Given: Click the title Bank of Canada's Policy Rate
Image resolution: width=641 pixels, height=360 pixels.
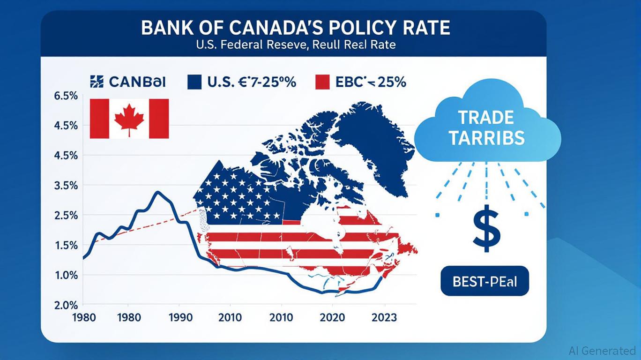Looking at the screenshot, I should click(x=295, y=28).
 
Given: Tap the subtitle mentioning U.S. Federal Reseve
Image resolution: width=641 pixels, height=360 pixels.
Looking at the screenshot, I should click(x=295, y=45).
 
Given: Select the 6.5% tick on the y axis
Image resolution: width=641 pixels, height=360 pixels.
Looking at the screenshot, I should click(x=66, y=96).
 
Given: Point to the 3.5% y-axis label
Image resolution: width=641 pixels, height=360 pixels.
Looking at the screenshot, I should click(x=66, y=186).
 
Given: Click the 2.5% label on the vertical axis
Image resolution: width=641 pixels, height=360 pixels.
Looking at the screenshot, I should click(x=66, y=216).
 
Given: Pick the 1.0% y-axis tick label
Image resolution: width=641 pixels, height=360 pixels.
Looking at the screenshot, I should click(x=66, y=275).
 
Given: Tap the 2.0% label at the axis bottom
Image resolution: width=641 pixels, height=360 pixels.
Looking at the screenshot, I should click(x=66, y=305).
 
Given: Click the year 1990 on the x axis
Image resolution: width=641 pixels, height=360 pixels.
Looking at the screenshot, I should click(x=180, y=317).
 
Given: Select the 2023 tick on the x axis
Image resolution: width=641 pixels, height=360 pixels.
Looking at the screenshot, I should click(x=383, y=317).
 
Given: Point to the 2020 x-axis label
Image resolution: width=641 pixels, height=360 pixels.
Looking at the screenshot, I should click(x=332, y=317).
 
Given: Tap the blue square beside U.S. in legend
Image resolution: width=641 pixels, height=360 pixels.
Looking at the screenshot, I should click(x=194, y=82).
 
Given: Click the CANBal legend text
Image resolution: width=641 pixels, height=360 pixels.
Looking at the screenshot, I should click(x=137, y=82).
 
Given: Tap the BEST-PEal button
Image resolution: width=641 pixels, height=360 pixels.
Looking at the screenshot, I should click(x=484, y=281).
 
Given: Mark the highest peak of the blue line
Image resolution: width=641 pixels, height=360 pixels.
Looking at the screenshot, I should click(x=159, y=192).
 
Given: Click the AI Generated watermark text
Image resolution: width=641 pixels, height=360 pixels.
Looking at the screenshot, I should click(x=603, y=351).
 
